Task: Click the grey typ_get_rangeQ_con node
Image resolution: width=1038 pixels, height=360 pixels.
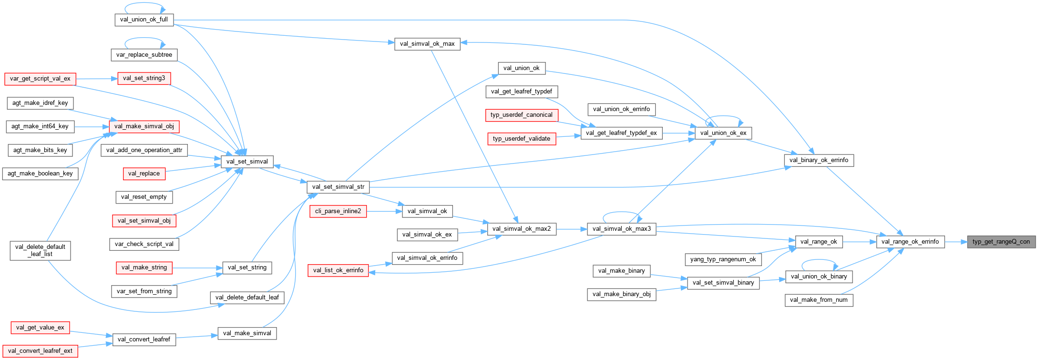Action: tap(1001, 242)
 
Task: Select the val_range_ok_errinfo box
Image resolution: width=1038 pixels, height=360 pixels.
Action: tap(910, 242)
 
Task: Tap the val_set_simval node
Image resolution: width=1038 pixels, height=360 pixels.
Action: tap(247, 162)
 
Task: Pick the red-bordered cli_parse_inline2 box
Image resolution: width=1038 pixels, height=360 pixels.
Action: tap(338, 211)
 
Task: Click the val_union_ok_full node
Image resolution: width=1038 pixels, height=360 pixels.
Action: tap(144, 20)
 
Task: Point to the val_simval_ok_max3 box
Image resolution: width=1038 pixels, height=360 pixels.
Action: tap(621, 229)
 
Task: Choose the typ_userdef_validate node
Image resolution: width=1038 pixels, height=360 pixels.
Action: tap(521, 139)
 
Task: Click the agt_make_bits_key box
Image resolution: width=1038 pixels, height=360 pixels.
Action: tap(40, 150)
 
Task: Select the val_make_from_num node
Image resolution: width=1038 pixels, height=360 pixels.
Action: tap(819, 300)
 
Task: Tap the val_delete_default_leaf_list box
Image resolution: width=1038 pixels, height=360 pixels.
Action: tap(40, 250)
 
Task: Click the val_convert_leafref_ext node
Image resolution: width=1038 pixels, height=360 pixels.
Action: tap(40, 351)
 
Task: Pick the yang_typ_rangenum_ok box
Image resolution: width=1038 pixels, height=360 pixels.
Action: tap(723, 259)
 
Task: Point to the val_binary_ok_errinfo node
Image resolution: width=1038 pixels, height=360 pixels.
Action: tap(819, 160)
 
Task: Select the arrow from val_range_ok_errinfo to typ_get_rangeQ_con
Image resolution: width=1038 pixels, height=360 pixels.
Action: tap(955, 242)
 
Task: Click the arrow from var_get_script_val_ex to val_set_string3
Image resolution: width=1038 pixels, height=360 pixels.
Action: tap(96, 79)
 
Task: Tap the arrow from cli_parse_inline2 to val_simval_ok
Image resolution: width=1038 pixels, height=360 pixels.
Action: tap(384, 211)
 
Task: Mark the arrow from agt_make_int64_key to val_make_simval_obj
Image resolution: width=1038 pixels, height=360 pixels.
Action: tap(91, 126)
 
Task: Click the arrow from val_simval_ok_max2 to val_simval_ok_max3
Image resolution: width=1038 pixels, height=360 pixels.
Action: tap(571, 229)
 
